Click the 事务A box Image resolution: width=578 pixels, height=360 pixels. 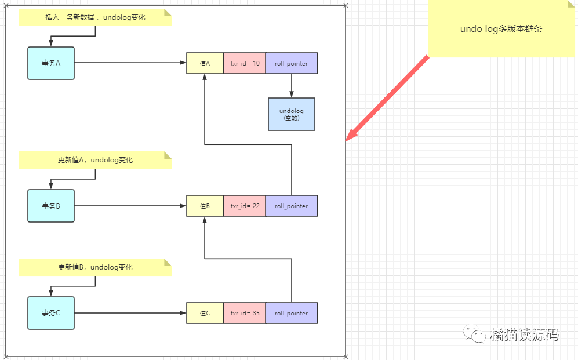pos(51,63)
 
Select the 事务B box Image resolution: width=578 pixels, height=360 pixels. pos(51,206)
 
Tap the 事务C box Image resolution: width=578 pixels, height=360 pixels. pos(51,313)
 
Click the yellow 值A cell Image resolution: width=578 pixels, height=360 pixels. pos(205,63)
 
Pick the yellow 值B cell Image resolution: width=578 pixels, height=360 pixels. pos(205,206)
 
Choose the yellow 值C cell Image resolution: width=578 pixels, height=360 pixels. pos(205,313)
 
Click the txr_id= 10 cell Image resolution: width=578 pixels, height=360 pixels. pos(244,63)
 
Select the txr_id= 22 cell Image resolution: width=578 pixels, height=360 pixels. pos(244,206)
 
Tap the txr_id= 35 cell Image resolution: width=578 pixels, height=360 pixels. pos(244,313)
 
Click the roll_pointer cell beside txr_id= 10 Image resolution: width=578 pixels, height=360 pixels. pos(291,63)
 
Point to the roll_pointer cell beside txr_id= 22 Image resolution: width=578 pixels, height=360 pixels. pos(291,206)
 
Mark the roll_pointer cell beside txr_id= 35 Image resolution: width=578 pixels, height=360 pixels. pos(291,313)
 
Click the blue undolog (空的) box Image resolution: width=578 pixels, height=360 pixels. pos(291,114)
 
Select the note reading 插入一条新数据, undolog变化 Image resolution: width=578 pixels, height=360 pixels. pos(95,17)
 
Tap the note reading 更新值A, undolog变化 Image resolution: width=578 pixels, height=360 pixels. pos(95,160)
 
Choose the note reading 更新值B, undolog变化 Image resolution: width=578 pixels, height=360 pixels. pos(95,267)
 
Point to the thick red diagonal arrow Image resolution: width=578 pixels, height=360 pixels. pos(387,98)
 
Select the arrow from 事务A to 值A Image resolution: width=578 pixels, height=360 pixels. pos(130,63)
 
